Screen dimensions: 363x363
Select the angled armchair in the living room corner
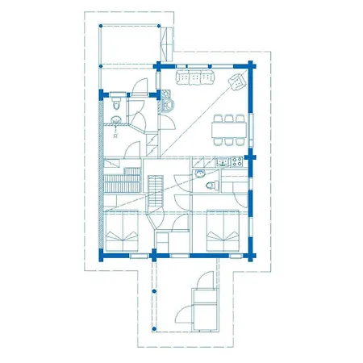pos(239,80)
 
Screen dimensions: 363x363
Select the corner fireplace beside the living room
pos(167,103)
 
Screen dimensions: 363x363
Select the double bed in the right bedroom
pos(225,231)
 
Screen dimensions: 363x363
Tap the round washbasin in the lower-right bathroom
pos(198,172)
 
